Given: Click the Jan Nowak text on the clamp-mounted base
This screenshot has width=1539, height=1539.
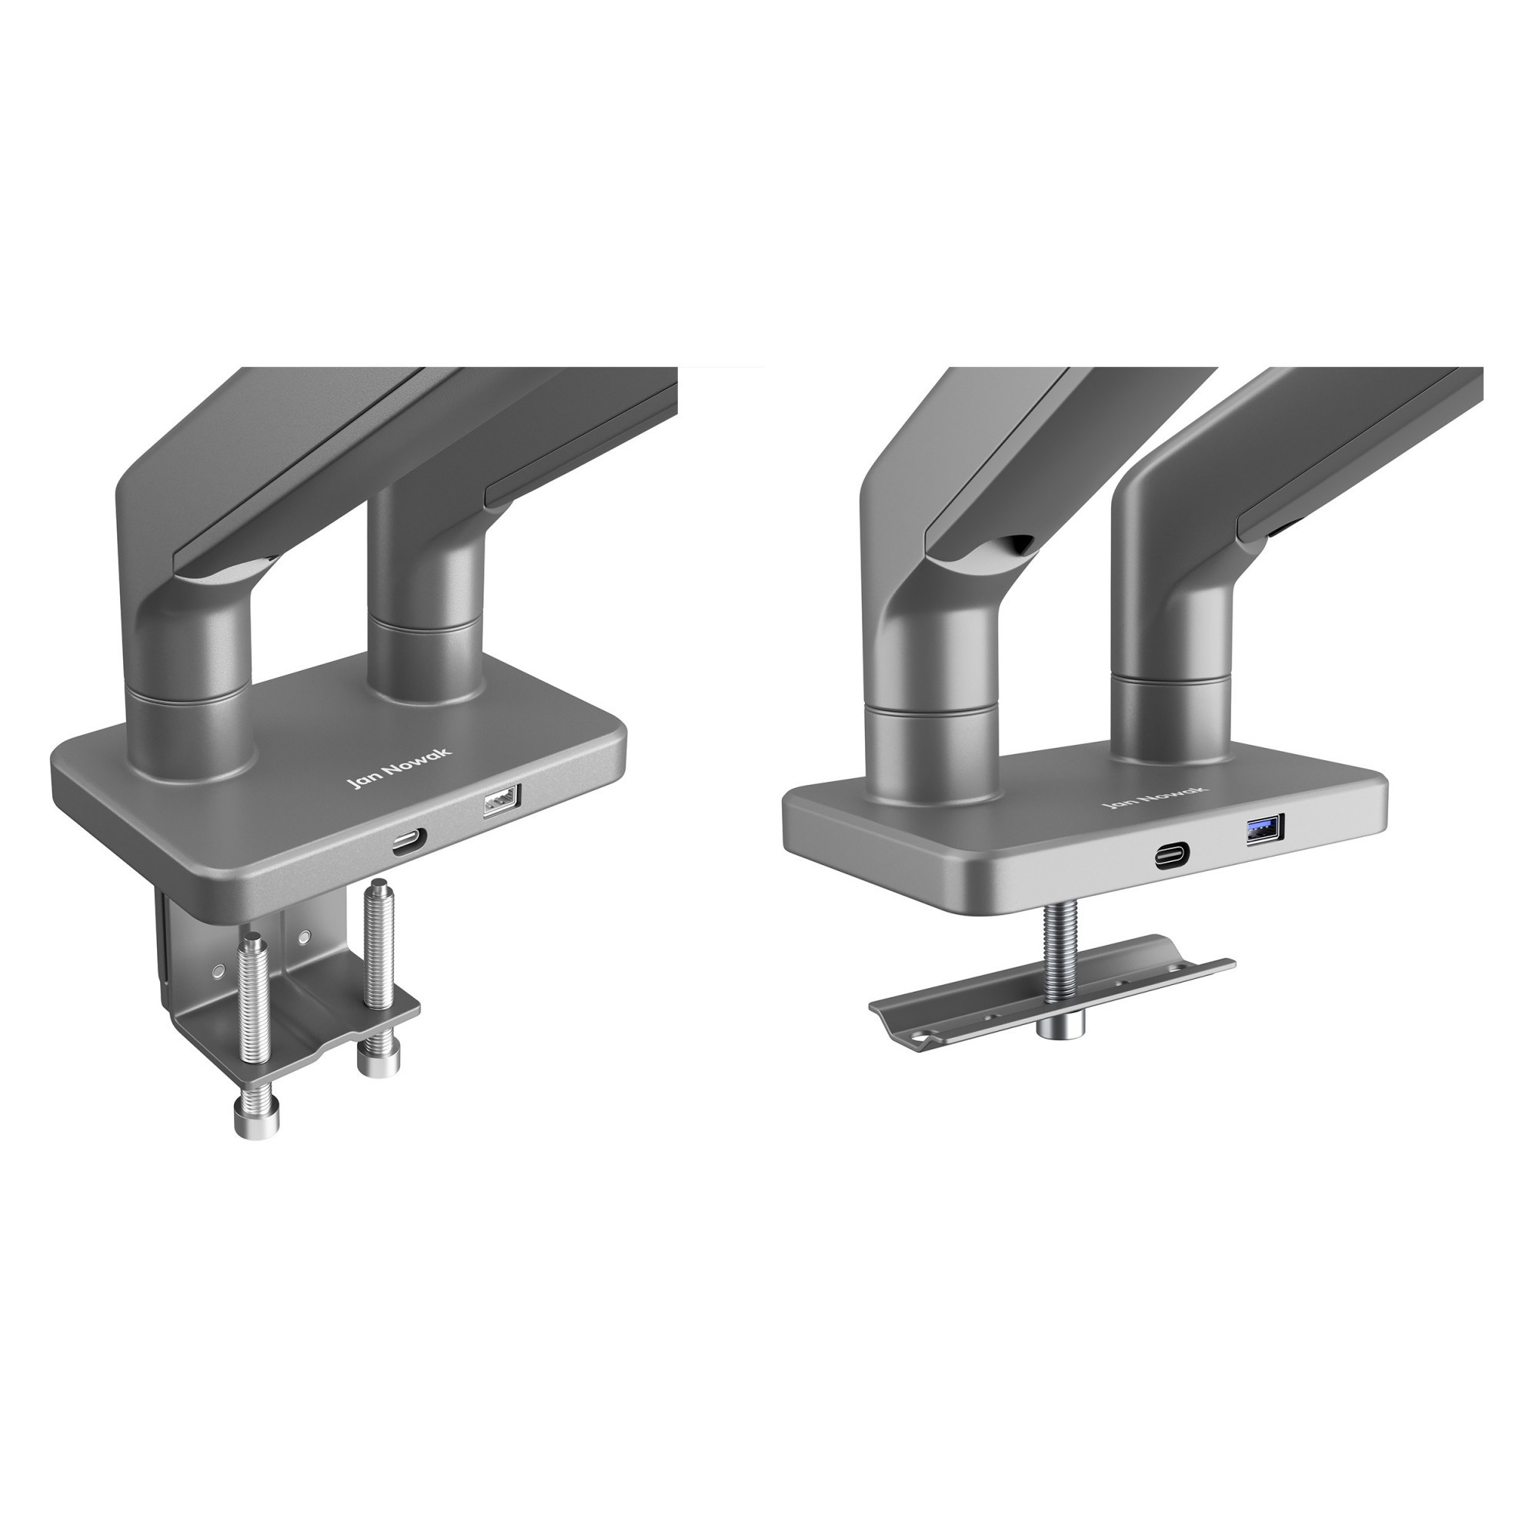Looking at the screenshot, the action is (399, 768).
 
